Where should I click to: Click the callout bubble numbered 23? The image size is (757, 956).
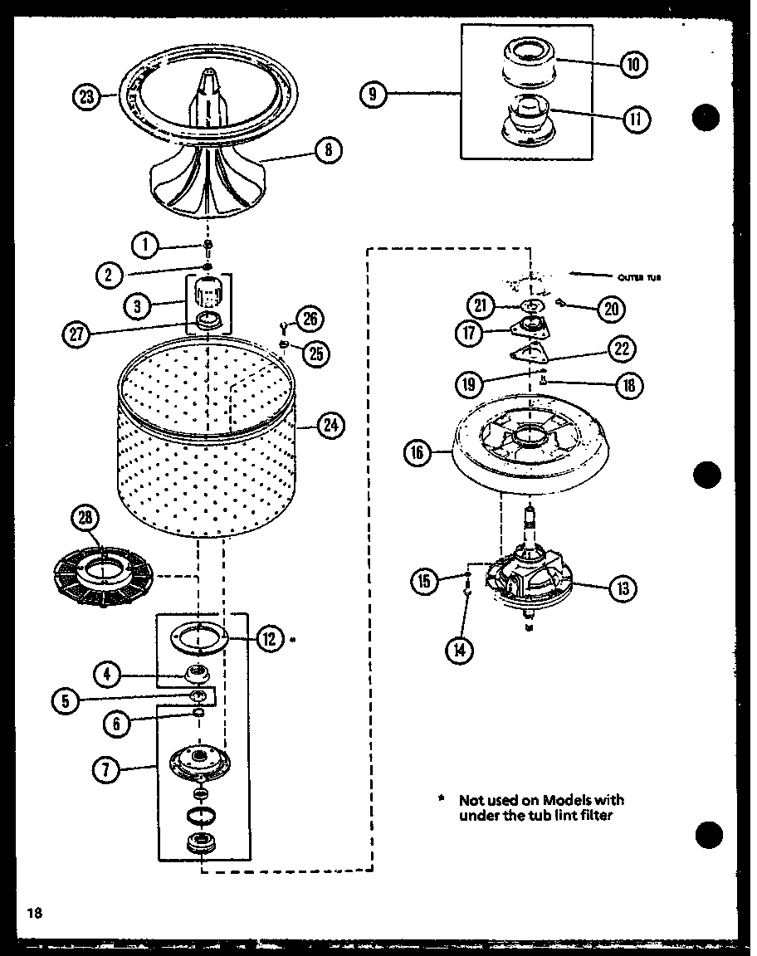coord(86,97)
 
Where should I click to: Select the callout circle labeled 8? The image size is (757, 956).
coord(328,150)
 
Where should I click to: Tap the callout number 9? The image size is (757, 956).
coord(373,95)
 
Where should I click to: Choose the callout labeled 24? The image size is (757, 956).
coord(330,427)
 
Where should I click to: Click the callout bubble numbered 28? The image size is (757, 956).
coord(85,520)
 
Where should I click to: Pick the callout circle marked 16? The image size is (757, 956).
coord(417,452)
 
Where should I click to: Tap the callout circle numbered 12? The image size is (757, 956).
coord(268,639)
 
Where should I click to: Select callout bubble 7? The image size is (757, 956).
coord(104,770)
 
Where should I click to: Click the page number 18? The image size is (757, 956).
coord(34,914)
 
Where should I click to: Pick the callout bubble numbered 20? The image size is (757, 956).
coord(613,310)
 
